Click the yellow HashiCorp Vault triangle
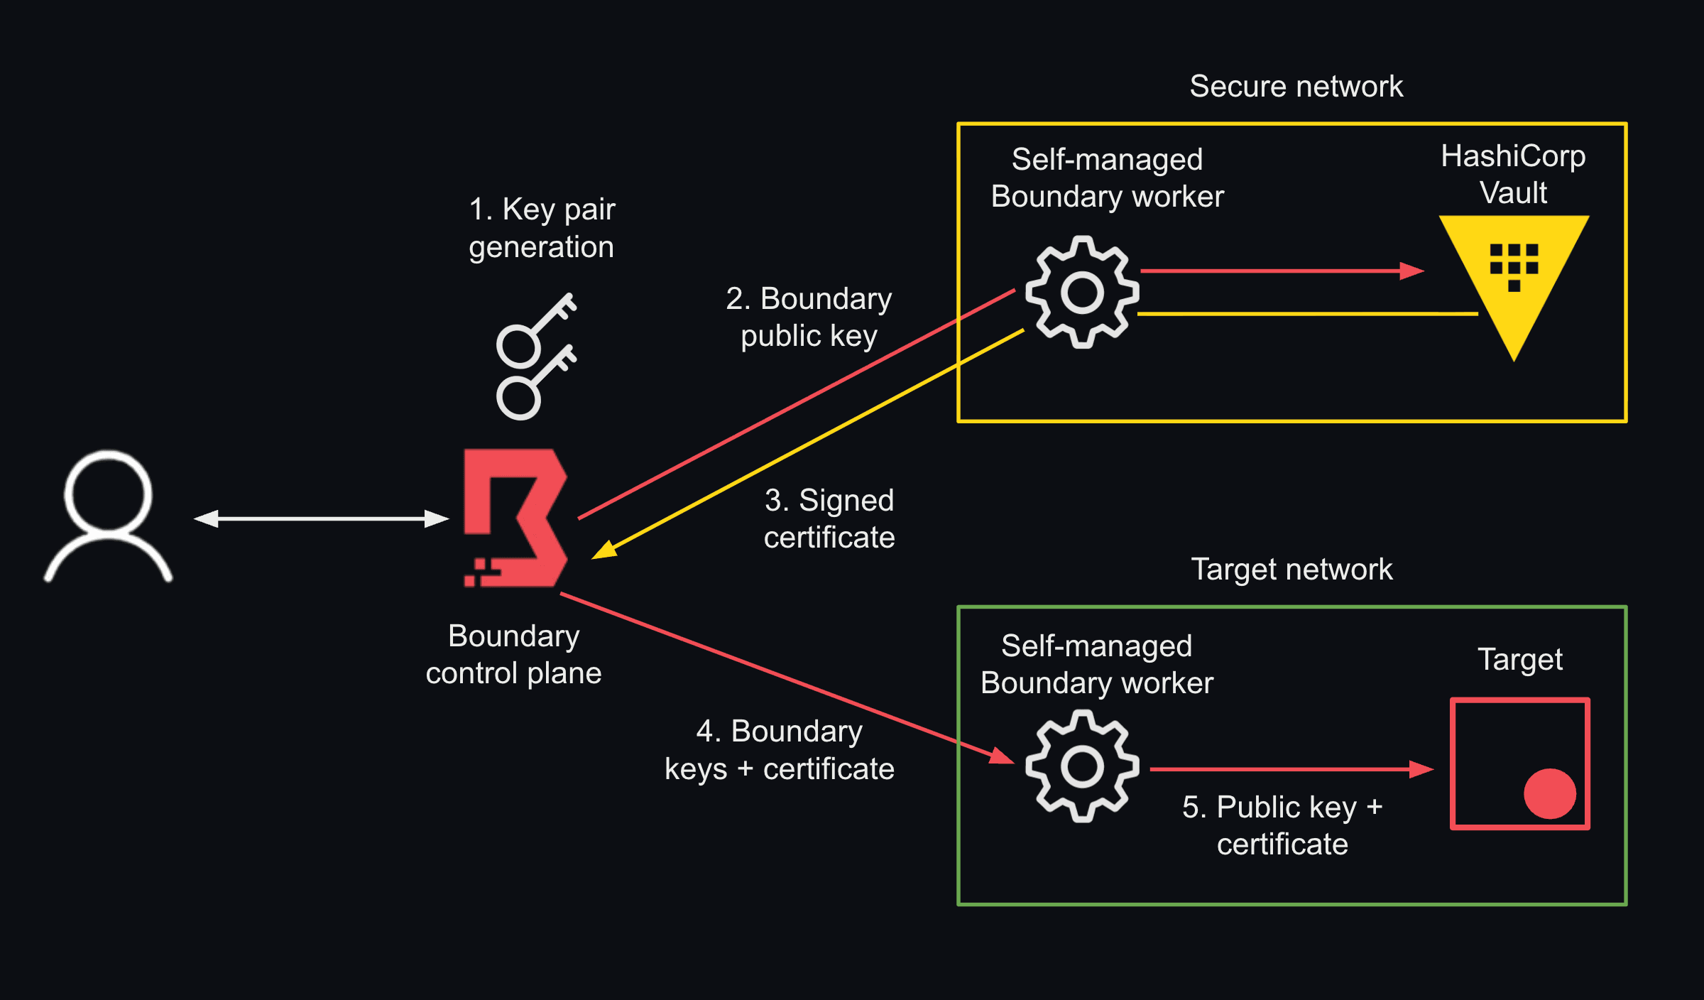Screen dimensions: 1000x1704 1514,277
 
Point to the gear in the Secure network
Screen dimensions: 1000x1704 1082,292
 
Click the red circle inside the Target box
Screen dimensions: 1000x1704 1549,793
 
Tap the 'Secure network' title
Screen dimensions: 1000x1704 1296,87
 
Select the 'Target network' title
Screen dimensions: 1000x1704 1291,570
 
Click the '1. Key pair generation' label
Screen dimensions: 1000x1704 542,228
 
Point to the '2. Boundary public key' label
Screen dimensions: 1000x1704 809,317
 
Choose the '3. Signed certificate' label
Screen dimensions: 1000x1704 829,519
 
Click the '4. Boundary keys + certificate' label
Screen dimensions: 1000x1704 779,750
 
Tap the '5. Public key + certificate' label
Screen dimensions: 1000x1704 1282,825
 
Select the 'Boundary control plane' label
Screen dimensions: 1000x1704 513,654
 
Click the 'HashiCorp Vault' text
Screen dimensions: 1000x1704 1513,174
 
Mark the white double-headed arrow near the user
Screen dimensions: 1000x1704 321,519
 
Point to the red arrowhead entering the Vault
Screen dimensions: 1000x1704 1411,271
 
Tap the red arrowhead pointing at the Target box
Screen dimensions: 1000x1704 1421,769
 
